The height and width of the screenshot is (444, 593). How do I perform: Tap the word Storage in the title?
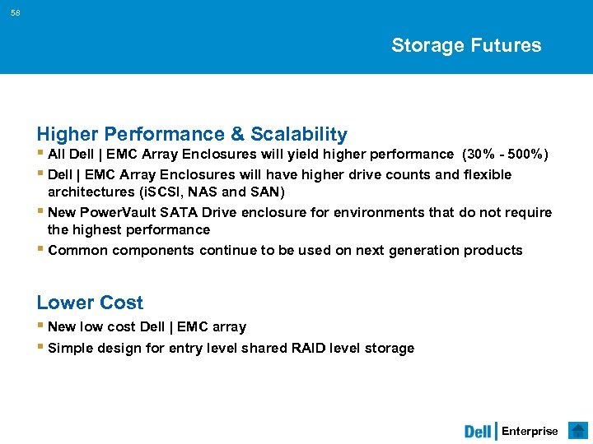(427, 45)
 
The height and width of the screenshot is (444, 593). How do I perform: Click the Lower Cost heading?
(90, 303)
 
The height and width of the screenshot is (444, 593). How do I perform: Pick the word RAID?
(309, 348)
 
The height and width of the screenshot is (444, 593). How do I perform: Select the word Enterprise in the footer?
(530, 432)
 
